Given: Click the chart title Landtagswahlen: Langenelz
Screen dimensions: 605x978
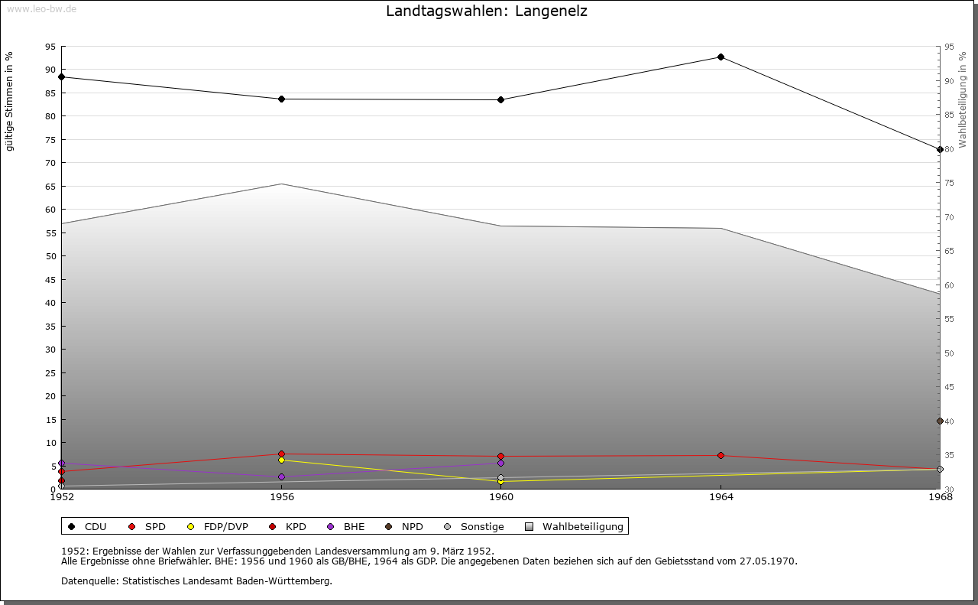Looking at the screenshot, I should pyautogui.click(x=487, y=11).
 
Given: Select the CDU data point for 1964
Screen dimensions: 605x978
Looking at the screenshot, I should pyautogui.click(x=721, y=57).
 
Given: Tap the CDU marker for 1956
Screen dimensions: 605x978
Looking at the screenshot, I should pyautogui.click(x=281, y=99).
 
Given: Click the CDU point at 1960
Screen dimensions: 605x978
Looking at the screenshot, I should pyautogui.click(x=500, y=99).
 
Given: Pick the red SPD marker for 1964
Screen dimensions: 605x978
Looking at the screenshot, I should pyautogui.click(x=721, y=456).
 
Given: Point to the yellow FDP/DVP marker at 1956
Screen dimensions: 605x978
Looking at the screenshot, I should pyautogui.click(x=281, y=460).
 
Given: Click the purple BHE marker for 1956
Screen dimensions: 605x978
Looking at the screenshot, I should pyautogui.click(x=281, y=477).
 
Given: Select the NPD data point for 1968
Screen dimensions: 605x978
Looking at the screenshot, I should pyautogui.click(x=940, y=421).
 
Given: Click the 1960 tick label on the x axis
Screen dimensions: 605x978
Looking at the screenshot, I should pyautogui.click(x=501, y=497).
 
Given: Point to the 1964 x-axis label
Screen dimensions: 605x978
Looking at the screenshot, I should pyautogui.click(x=721, y=497).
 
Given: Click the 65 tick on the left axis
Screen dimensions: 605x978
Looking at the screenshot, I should pyautogui.click(x=50, y=186).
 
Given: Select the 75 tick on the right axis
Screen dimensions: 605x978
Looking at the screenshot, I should pyautogui.click(x=950, y=183).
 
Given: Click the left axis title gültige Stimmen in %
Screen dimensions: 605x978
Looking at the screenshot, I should pyautogui.click(x=10, y=101).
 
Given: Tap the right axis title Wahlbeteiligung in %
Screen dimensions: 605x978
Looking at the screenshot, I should pyautogui.click(x=963, y=99).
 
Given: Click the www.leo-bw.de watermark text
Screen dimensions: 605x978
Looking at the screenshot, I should pyautogui.click(x=40, y=7).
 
